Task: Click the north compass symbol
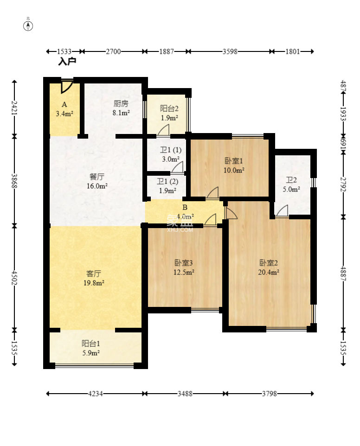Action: pyautogui.click(x=28, y=26)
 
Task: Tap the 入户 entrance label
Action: pyautogui.click(x=67, y=61)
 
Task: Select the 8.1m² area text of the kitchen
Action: pyautogui.click(x=121, y=113)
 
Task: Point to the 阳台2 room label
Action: pyautogui.click(x=169, y=108)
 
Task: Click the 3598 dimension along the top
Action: pyautogui.click(x=230, y=51)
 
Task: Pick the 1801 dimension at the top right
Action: pyautogui.click(x=293, y=51)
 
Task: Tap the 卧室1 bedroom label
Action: pyautogui.click(x=234, y=161)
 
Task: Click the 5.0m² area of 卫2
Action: pyautogui.click(x=291, y=189)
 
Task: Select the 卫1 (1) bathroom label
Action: pyautogui.click(x=171, y=150)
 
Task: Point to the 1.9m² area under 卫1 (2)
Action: pyautogui.click(x=167, y=191)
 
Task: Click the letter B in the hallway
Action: pyautogui.click(x=185, y=207)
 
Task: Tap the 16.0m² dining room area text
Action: pyautogui.click(x=97, y=186)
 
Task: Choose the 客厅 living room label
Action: pyautogui.click(x=94, y=274)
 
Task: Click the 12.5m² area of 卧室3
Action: pyautogui.click(x=184, y=272)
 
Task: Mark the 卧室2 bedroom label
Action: pyautogui.click(x=268, y=263)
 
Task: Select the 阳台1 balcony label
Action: pyautogui.click(x=91, y=344)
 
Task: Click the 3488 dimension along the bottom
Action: pyautogui.click(x=185, y=394)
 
